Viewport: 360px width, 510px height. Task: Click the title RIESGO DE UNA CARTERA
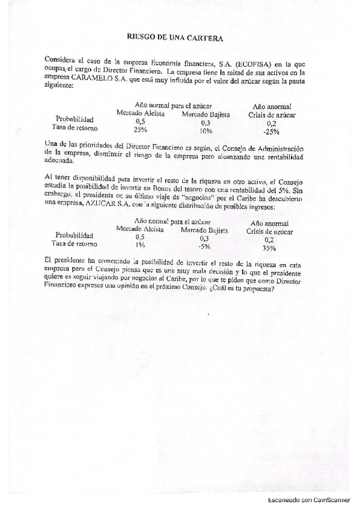click(x=175, y=37)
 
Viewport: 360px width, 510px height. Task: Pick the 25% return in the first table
click(x=141, y=129)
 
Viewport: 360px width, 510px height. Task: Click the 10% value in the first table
click(x=206, y=130)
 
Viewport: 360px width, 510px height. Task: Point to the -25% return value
click(x=271, y=131)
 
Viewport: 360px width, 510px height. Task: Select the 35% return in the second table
click(x=269, y=247)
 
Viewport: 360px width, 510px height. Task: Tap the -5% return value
click(x=205, y=246)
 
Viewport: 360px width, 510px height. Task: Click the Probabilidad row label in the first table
click(x=74, y=118)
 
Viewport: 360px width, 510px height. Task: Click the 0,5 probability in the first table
click(x=141, y=121)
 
